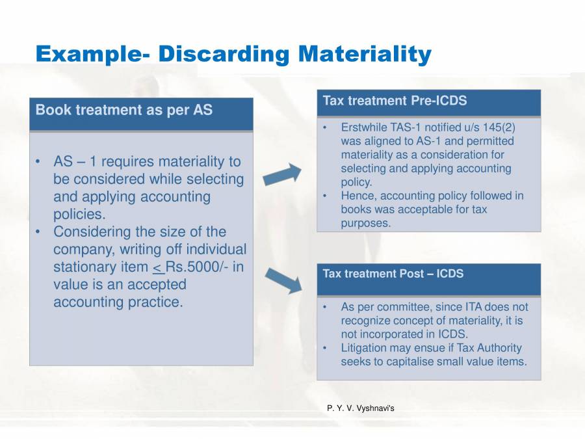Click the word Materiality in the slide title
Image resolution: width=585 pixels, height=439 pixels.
365,55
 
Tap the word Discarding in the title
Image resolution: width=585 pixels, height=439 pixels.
223,55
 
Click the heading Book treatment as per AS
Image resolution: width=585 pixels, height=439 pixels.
123,110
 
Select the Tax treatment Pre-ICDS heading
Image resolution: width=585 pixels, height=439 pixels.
395,101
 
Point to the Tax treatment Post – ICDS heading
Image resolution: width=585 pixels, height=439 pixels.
393,274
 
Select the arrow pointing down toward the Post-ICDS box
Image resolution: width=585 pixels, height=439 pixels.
284,280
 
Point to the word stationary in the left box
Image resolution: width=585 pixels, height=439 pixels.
99,267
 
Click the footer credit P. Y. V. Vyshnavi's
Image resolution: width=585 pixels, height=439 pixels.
361,408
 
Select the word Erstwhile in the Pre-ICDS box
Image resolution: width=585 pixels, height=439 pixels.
363,127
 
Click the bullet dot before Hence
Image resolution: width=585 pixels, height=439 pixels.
324,196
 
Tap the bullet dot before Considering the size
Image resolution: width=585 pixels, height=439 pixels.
40,232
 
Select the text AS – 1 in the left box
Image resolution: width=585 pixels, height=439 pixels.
70,162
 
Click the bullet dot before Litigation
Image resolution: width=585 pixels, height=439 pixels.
324,348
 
